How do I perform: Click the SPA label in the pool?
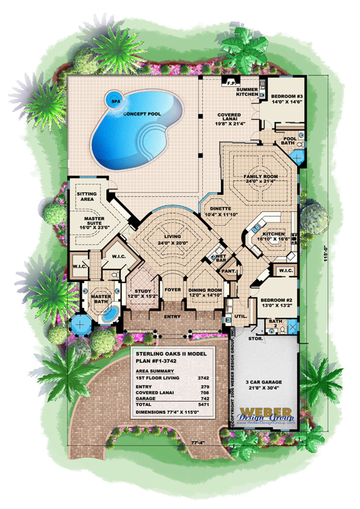[116, 101]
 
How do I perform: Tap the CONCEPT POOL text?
[142, 114]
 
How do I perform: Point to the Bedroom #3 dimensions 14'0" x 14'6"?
[287, 102]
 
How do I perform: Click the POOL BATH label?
[289, 140]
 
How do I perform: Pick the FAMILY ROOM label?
[261, 177]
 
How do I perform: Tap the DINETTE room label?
[217, 208]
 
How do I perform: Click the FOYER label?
[173, 290]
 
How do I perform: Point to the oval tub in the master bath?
[111, 314]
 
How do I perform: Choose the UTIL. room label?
[241, 316]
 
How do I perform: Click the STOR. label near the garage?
[256, 339]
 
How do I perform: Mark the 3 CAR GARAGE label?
[264, 382]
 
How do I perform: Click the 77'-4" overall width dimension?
[198, 442]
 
